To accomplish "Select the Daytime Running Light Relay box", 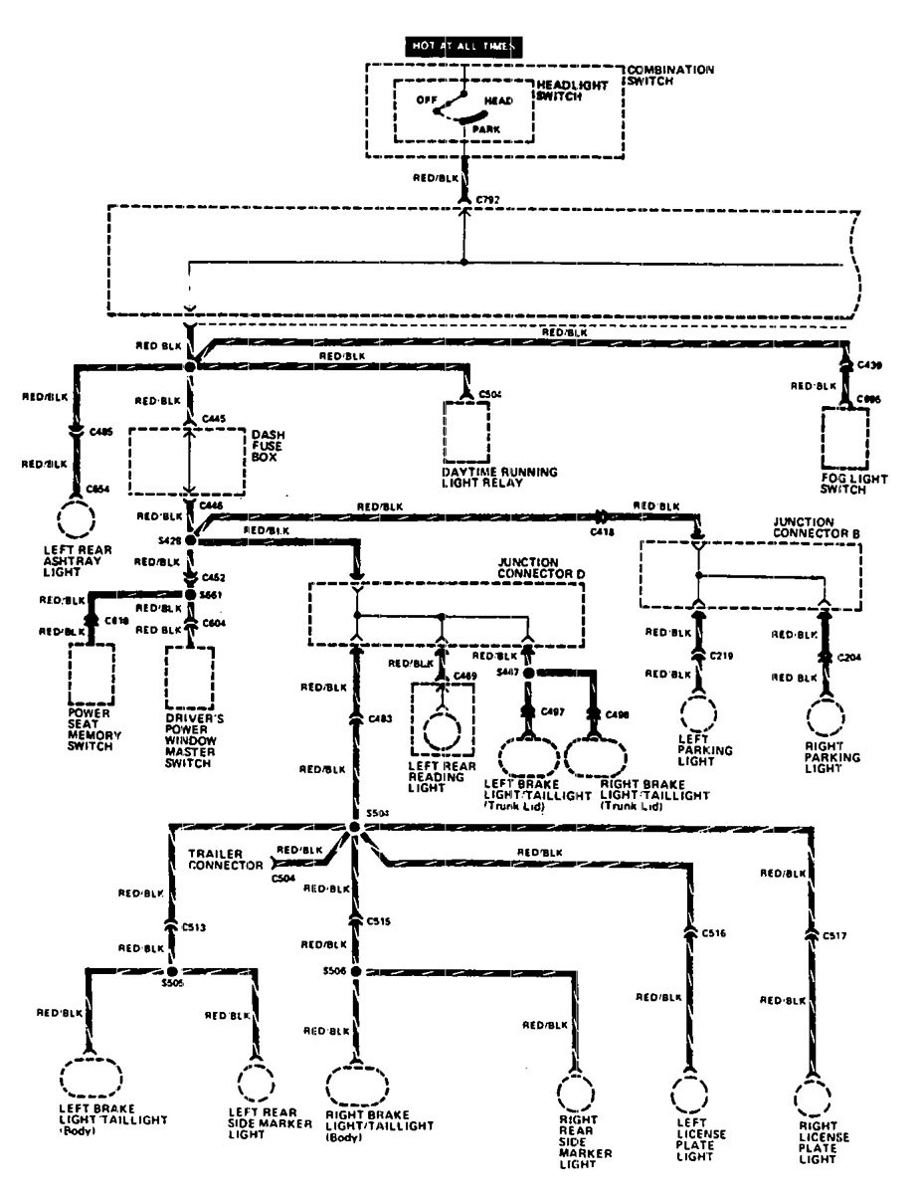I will [x=465, y=432].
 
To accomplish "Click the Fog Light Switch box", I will [x=844, y=439].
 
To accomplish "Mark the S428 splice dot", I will [x=191, y=540].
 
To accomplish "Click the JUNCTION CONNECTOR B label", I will [x=815, y=526].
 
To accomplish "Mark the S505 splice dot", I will [x=171, y=971].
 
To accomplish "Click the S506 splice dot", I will [x=356, y=971].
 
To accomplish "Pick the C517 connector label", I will [x=835, y=936].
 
